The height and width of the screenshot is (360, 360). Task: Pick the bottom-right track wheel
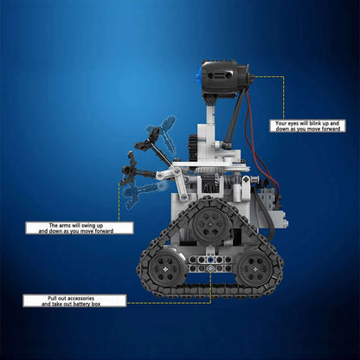click(x=257, y=270)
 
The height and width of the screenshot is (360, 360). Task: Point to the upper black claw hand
click(x=153, y=135)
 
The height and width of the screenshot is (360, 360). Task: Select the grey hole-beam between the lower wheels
click(x=209, y=260)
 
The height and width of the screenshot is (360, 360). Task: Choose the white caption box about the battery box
click(x=74, y=300)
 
